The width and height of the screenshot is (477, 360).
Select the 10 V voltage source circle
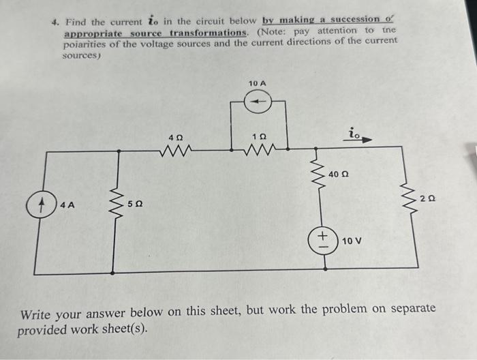323,241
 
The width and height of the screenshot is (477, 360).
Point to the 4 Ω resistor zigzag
179,148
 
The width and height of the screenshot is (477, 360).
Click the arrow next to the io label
365,139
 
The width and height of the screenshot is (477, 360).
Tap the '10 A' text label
258,83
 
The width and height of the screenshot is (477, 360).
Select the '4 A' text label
67,204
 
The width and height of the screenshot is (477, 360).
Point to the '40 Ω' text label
339,175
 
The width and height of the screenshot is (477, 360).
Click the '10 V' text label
352,241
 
